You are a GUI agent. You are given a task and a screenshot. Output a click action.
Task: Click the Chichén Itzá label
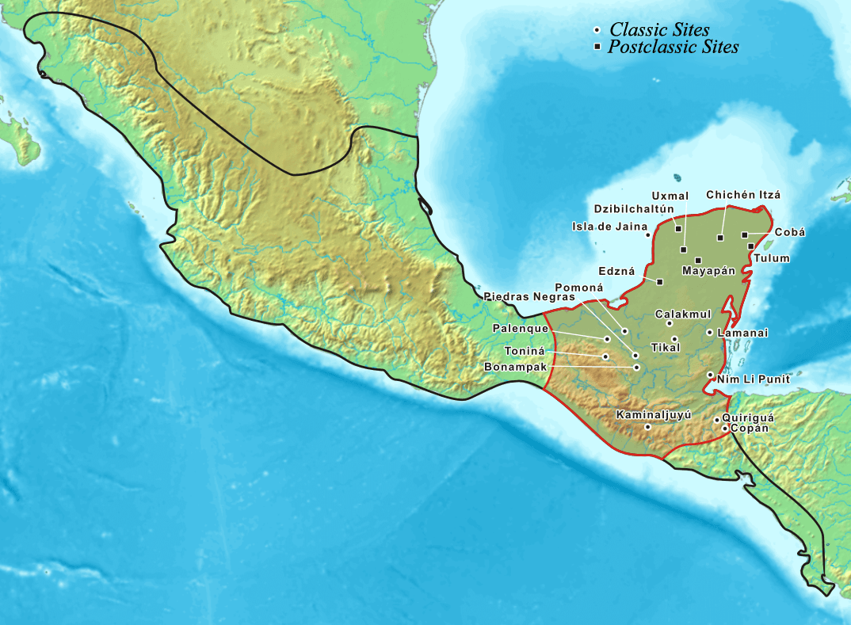click(742, 195)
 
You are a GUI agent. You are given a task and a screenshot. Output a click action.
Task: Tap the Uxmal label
click(664, 195)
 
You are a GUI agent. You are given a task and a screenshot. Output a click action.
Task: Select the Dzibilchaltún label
click(634, 209)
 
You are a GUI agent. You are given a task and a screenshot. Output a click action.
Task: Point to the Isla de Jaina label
click(609, 227)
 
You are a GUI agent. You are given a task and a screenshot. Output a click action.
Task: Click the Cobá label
click(789, 232)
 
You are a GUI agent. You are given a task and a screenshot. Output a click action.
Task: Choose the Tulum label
click(772, 258)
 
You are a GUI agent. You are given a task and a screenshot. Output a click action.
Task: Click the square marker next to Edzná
click(659, 281)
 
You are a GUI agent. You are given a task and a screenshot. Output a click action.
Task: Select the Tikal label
click(665, 347)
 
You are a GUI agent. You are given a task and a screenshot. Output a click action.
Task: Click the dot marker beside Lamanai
click(708, 333)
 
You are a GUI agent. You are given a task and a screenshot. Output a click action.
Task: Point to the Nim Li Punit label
click(753, 380)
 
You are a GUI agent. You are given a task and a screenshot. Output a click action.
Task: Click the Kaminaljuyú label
click(654, 414)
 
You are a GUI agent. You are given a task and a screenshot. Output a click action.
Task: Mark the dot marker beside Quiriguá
click(717, 419)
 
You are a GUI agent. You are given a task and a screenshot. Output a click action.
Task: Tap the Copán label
click(749, 428)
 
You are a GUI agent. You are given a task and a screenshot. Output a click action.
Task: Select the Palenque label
click(519, 328)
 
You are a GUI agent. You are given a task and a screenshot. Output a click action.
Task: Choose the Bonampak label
click(516, 367)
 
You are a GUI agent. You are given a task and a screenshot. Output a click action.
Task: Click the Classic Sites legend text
click(659, 30)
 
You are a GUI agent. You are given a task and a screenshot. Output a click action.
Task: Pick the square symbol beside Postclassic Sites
click(597, 48)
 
